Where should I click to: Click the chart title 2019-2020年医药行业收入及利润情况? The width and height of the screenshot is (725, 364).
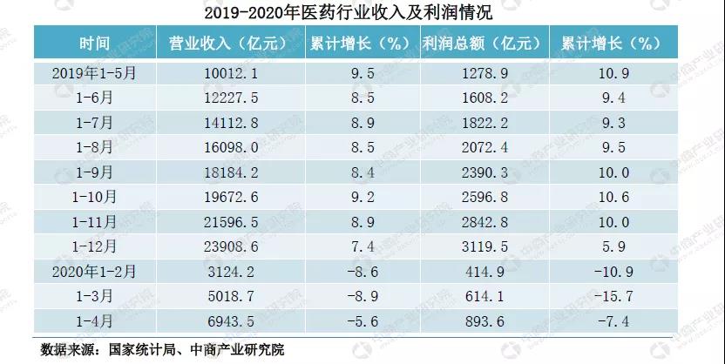(362, 12)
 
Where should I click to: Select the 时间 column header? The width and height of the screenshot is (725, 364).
(93, 43)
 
